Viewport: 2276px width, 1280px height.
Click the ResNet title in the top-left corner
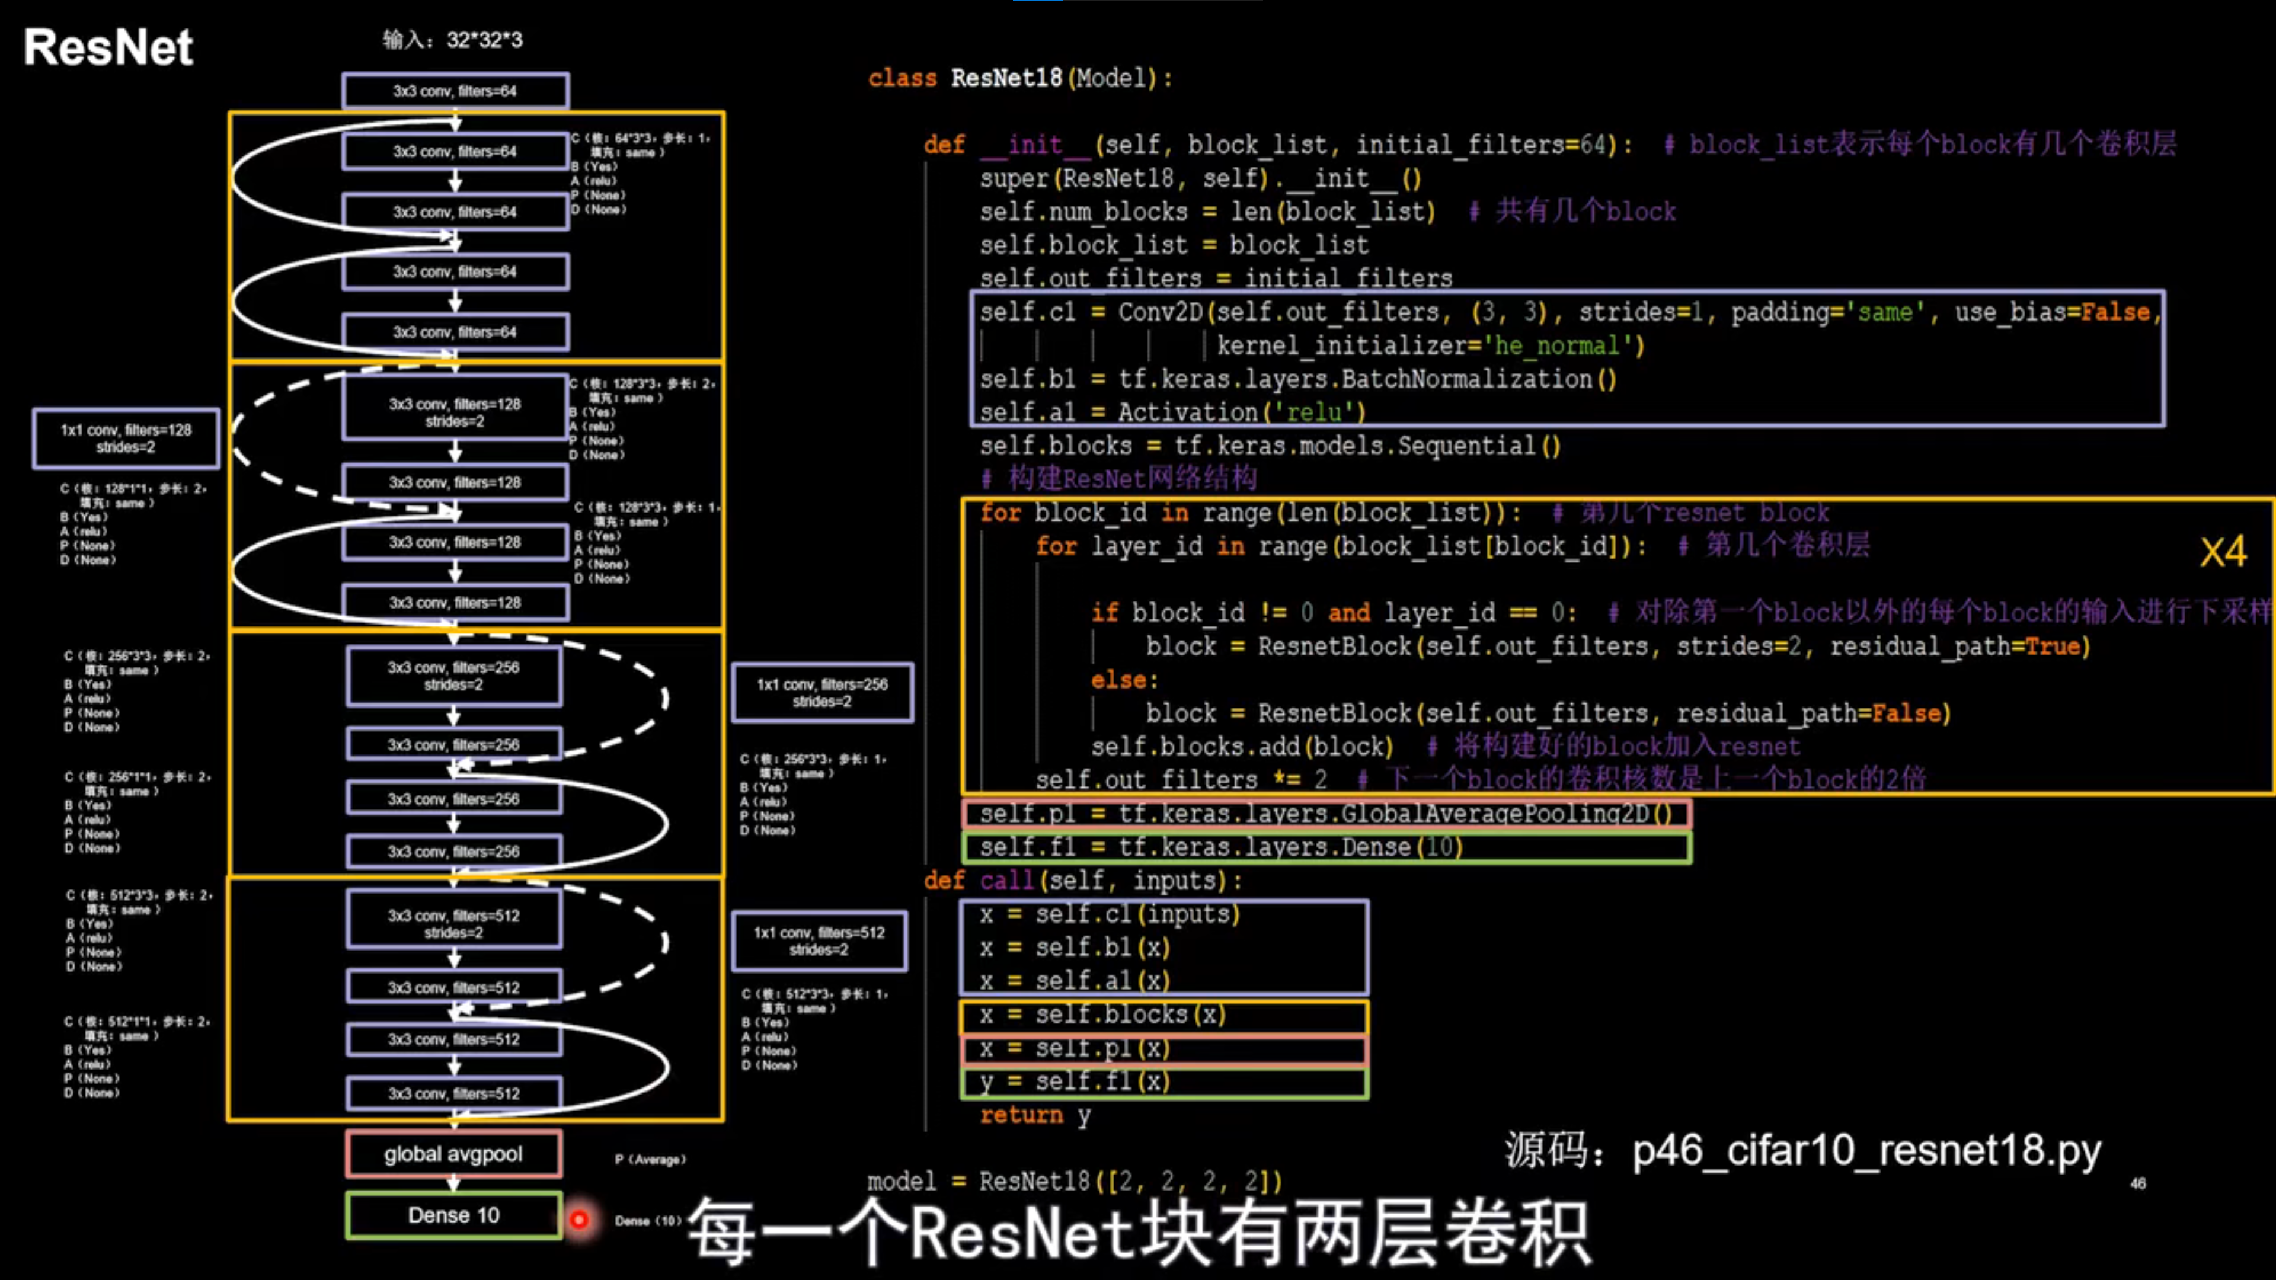coord(108,47)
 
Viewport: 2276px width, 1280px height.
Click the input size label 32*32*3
coord(484,40)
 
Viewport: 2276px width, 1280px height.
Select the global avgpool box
coord(453,1154)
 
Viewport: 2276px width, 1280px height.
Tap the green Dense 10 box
coord(453,1215)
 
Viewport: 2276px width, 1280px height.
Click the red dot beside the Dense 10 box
coord(578,1220)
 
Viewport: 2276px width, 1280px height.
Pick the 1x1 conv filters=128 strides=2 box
coord(126,438)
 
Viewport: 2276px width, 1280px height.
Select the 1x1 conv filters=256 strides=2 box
coord(821,693)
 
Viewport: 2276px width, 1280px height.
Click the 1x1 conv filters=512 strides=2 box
coord(819,941)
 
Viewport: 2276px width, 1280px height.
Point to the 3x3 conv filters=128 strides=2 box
coord(455,412)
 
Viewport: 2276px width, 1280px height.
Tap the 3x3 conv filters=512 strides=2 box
coord(453,923)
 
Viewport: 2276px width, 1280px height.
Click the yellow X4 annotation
coord(2222,552)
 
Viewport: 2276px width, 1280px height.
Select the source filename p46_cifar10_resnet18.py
coord(1866,1150)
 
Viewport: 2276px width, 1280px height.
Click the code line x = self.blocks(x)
coord(1102,1015)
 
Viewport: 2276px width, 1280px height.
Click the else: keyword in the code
coord(1124,680)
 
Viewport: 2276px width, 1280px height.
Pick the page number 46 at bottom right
coord(2137,1184)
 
